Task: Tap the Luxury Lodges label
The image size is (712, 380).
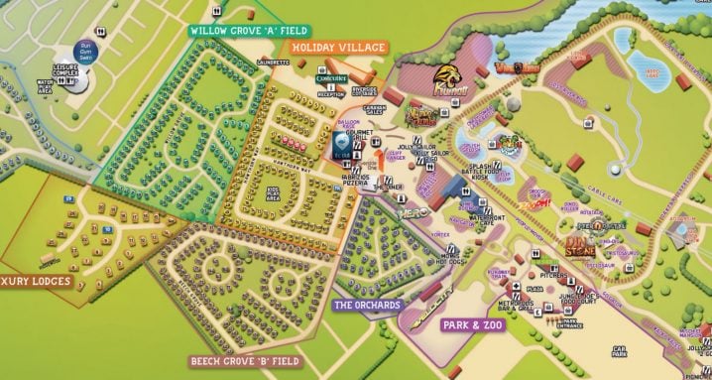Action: (34, 281)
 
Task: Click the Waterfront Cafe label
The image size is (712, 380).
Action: (478, 219)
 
